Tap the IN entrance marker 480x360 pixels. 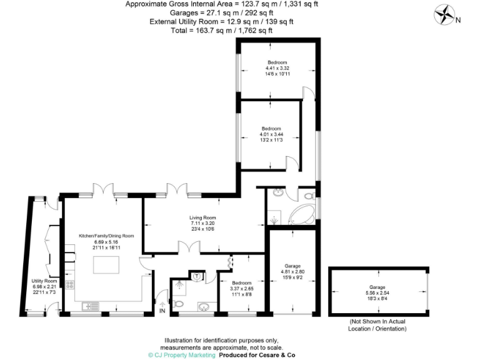point(162,311)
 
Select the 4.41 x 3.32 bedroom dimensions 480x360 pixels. point(277,68)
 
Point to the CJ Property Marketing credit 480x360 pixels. point(181,354)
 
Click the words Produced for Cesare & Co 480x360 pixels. point(256,354)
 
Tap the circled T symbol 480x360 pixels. point(197,276)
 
